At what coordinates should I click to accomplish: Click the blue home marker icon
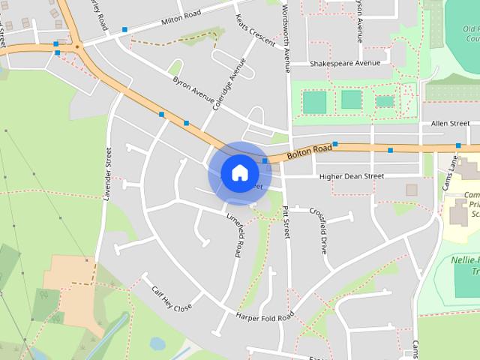pos(239,173)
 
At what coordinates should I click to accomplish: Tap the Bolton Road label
pos(308,152)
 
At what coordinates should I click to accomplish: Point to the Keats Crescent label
pos(255,29)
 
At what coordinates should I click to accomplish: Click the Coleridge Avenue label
pos(229,84)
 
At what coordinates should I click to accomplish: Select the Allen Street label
pos(450,123)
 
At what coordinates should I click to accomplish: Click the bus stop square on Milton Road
pos(124,30)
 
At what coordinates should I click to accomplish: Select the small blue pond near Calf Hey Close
pos(157,343)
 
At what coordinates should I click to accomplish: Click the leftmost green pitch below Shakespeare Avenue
pos(315,102)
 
